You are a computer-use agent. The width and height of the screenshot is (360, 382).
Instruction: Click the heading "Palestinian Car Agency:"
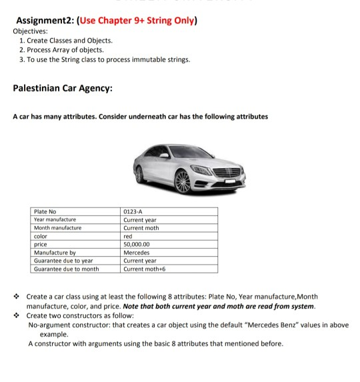63,88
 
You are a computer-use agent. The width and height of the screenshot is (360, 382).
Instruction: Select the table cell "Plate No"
45,211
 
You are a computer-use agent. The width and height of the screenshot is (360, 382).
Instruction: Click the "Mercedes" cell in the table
137,253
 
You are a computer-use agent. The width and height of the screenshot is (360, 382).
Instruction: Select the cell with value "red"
129,236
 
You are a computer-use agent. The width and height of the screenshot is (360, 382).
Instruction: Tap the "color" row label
41,236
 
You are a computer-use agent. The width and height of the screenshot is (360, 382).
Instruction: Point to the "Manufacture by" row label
55,253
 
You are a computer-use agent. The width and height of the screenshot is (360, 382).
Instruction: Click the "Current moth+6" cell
145,269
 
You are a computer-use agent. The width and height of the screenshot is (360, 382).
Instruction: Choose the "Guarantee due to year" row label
63,261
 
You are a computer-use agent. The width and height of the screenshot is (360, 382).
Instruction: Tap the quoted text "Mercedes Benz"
263,325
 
